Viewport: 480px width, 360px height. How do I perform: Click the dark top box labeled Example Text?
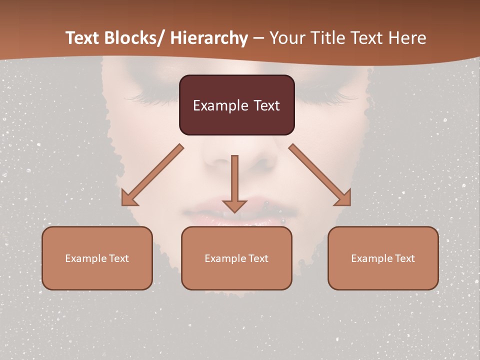pyautogui.click(x=236, y=105)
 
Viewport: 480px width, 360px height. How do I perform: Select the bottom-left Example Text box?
pyautogui.click(x=97, y=258)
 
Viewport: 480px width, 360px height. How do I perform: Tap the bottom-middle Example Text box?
pyautogui.click(x=236, y=258)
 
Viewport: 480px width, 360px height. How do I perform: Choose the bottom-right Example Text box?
pyautogui.click(x=383, y=258)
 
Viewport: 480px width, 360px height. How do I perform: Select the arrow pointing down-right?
pyautogui.click(x=320, y=175)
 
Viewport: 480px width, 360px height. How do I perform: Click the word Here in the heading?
pyautogui.click(x=408, y=38)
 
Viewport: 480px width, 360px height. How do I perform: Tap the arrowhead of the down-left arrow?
pyautogui.click(x=129, y=198)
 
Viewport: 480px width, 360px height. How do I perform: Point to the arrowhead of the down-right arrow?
pyautogui.click(x=343, y=197)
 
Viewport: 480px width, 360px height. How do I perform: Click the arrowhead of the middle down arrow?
pyautogui.click(x=234, y=205)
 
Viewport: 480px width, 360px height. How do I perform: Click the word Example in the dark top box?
pyautogui.click(x=214, y=105)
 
